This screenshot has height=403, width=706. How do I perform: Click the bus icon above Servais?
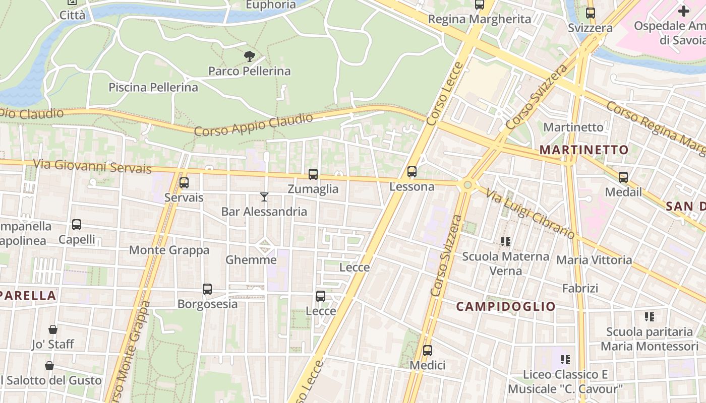[184, 182]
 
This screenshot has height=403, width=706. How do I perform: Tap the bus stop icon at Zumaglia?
[313, 174]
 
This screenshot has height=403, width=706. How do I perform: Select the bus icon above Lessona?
[412, 172]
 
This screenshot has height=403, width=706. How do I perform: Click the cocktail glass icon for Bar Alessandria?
[264, 196]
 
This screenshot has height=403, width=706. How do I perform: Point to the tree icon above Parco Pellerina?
[249, 56]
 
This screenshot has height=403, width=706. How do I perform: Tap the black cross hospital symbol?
[683, 11]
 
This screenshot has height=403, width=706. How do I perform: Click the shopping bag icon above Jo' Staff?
[53, 329]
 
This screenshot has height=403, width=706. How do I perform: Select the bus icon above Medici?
[428, 350]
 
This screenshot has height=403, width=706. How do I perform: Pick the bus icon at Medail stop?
[623, 177]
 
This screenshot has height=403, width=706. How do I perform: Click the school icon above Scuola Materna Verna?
[506, 242]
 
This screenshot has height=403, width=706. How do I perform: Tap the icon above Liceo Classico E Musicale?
[565, 360]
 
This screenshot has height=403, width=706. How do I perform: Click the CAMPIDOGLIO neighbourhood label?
[505, 306]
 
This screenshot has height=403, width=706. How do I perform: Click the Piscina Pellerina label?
[153, 87]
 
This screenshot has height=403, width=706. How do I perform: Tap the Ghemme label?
[251, 260]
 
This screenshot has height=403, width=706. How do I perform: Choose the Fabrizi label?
[580, 288]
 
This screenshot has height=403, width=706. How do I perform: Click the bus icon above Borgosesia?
[207, 289]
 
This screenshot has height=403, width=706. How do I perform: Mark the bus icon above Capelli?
[77, 225]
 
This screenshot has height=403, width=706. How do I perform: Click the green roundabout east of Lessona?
[467, 185]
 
